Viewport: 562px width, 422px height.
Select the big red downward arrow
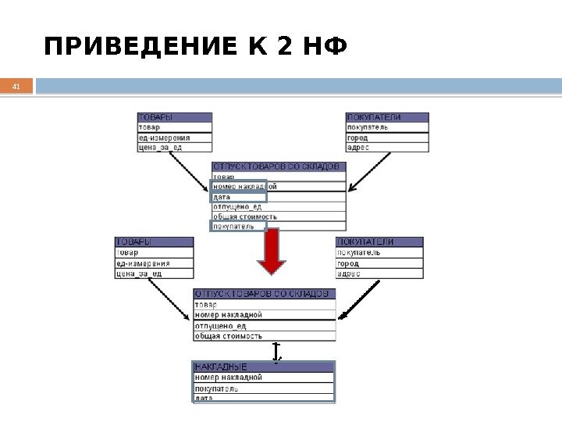pyautogui.click(x=272, y=252)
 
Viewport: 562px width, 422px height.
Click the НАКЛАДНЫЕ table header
pyautogui.click(x=264, y=366)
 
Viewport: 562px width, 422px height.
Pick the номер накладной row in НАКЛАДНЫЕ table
pyautogui.click(x=264, y=377)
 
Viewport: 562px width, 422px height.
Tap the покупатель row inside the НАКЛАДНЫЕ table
pyautogui.click(x=264, y=388)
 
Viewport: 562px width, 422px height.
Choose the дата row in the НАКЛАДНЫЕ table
pyautogui.click(x=264, y=398)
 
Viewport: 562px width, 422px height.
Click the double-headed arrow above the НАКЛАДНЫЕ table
pyautogui.click(x=276, y=352)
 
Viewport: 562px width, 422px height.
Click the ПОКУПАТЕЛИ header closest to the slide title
pyautogui.click(x=387, y=117)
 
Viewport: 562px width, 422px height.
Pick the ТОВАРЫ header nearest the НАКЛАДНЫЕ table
pyautogui.click(x=154, y=242)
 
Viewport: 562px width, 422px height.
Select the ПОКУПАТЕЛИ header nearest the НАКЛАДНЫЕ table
pyautogui.click(x=379, y=242)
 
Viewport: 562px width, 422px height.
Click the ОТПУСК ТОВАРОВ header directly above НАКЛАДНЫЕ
pyautogui.click(x=265, y=294)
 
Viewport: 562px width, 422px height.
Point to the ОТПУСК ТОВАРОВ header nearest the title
pyautogui.click(x=279, y=166)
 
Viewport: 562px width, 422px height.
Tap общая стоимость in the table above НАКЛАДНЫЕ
pyautogui.click(x=265, y=336)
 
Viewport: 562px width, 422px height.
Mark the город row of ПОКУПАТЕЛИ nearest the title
pyautogui.click(x=387, y=138)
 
